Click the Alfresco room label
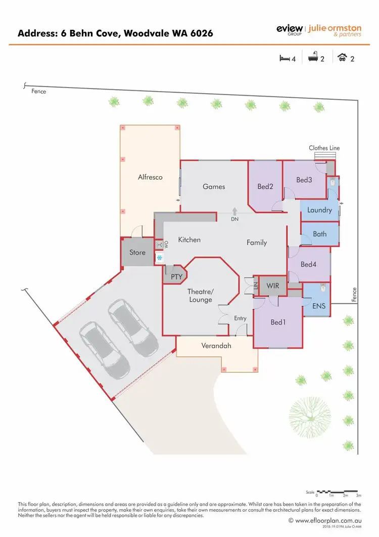tap(150, 177)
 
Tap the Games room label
tap(214, 186)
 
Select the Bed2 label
tap(265, 187)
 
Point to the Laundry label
tap(319, 210)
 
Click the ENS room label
tap(319, 306)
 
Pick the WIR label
tap(273, 286)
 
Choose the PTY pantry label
tap(176, 277)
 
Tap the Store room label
tap(137, 252)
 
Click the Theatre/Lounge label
tap(201, 296)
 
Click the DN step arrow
tap(235, 211)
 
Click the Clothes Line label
tap(324, 148)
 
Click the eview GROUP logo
tap(289, 30)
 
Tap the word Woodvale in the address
tap(140, 33)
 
